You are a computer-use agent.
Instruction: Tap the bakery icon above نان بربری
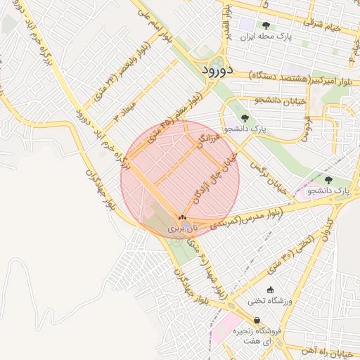182,219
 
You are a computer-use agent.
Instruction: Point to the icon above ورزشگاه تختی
271,289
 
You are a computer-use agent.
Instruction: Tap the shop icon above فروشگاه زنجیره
257,320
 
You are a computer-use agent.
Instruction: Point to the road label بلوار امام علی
155,28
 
